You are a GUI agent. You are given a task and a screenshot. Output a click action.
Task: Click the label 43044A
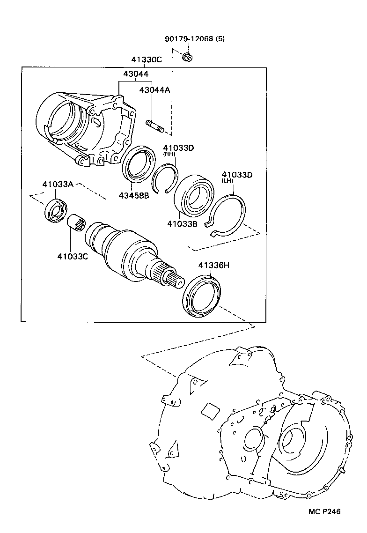tap(154, 90)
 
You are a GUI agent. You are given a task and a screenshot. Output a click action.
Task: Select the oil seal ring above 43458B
tap(139, 163)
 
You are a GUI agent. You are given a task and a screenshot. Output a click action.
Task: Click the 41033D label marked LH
tap(237, 175)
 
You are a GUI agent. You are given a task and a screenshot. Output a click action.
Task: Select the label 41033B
tap(182, 224)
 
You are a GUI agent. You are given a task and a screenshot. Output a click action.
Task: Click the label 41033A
tap(58, 185)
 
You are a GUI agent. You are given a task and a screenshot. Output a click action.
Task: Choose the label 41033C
tap(73, 256)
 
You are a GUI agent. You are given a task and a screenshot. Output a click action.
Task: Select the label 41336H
tap(213, 266)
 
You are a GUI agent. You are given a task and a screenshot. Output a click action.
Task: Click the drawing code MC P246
tap(324, 511)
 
